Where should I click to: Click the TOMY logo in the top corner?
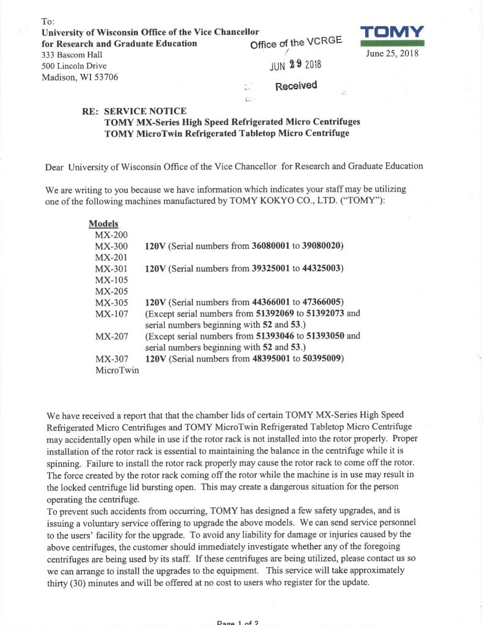pos(393,32)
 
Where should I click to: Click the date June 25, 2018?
pos(393,53)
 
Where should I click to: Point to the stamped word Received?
pos(296,86)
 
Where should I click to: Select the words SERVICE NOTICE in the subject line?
pos(145,111)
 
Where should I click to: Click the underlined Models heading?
pos(103,223)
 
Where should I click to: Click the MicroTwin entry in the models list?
pos(117,370)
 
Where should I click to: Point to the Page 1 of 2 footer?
pos(238,622)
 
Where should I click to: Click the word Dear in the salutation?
pos(56,167)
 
